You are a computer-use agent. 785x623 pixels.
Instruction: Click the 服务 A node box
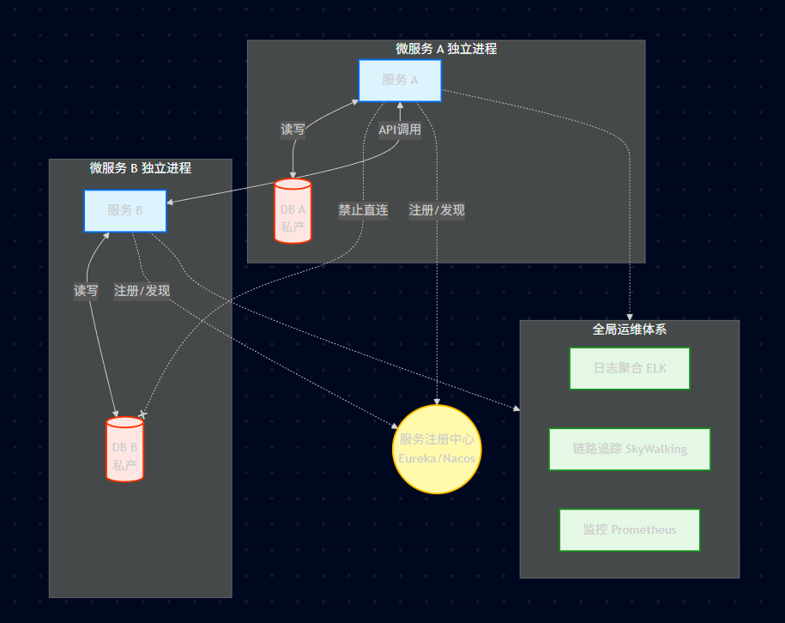click(x=400, y=81)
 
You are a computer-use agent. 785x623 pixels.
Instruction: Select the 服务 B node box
click(x=125, y=211)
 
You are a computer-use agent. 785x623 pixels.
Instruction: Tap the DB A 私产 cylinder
click(x=293, y=211)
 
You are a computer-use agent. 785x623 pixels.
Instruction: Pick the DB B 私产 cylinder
click(x=124, y=449)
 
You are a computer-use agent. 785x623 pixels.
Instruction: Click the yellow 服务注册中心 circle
click(x=437, y=449)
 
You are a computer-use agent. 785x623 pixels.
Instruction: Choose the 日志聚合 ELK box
click(x=630, y=368)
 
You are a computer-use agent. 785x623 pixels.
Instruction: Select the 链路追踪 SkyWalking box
click(x=630, y=449)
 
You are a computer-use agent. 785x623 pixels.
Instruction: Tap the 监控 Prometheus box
click(x=630, y=529)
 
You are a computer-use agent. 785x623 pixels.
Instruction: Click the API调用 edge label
click(x=400, y=130)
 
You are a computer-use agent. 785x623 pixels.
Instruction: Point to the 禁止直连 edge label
click(x=363, y=210)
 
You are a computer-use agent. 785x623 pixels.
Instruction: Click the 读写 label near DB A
click(x=293, y=130)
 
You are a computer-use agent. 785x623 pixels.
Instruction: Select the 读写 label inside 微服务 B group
click(x=86, y=291)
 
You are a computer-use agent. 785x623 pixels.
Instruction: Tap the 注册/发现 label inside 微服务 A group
click(x=437, y=210)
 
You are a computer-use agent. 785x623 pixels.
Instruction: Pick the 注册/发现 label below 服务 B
click(x=142, y=291)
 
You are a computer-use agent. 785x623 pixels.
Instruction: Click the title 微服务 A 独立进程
click(x=446, y=49)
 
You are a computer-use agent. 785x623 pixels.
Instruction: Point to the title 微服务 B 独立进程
click(x=141, y=168)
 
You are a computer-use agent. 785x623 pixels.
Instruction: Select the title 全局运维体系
click(x=630, y=329)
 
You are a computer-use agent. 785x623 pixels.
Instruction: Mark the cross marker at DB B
click(x=142, y=414)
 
